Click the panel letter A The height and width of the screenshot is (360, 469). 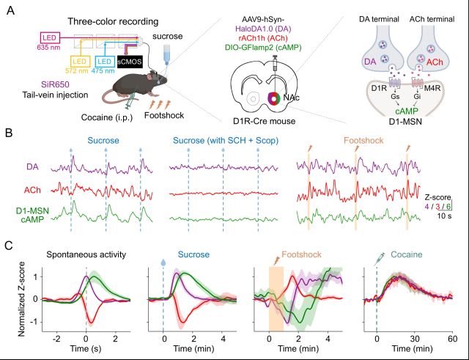[10, 11]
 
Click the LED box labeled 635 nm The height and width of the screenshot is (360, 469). [50, 38]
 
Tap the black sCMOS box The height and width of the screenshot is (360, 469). [130, 62]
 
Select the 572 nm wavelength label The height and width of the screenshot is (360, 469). [76, 71]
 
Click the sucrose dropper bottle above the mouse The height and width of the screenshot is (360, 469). [166, 54]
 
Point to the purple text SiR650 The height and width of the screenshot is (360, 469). [55, 85]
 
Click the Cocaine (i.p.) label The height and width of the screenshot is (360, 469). [107, 117]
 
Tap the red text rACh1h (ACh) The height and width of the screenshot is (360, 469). [263, 38]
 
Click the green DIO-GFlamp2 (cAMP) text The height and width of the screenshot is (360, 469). [263, 47]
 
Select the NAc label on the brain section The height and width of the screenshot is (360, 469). [292, 98]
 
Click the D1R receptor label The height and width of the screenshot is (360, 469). [379, 89]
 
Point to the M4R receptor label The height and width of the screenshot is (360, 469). [432, 89]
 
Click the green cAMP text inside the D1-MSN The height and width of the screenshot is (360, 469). [407, 111]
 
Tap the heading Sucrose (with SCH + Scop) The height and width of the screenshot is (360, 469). [226, 141]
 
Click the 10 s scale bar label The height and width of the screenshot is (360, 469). [444, 216]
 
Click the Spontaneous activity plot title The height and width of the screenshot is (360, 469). [86, 254]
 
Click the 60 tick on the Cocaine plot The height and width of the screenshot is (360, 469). [453, 339]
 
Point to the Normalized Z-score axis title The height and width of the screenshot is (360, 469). [21, 299]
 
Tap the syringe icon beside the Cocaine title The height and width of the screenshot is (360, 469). [380, 259]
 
